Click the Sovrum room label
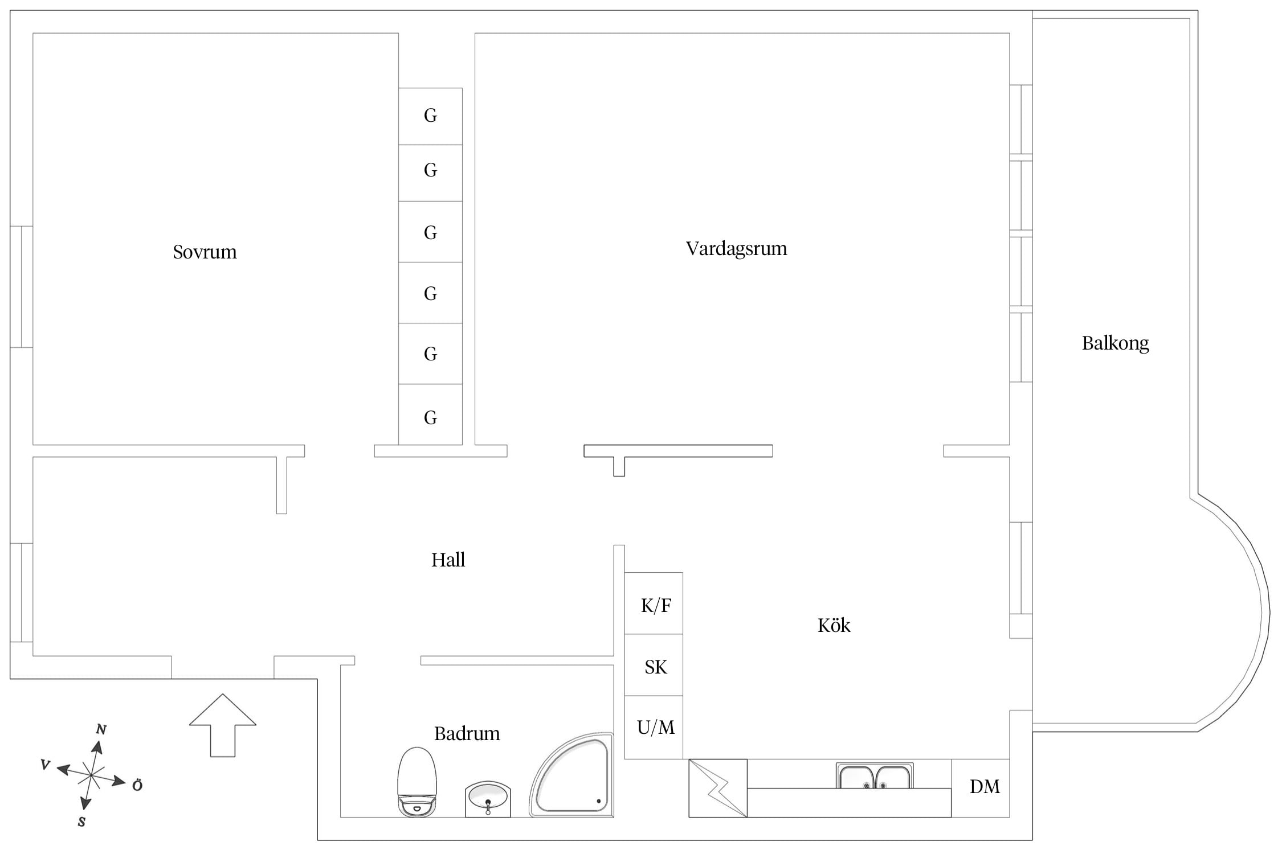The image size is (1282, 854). (x=205, y=252)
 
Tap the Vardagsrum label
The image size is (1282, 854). (x=736, y=249)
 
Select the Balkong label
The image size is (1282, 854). (x=1115, y=343)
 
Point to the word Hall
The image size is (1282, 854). (x=448, y=560)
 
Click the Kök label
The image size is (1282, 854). (x=834, y=626)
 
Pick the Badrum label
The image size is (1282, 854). (x=467, y=733)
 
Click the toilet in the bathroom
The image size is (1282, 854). (x=417, y=782)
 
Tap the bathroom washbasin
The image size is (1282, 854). (x=488, y=799)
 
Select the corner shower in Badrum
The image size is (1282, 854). (x=571, y=775)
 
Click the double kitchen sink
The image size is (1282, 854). (x=875, y=776)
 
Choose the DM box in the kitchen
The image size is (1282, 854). (x=981, y=788)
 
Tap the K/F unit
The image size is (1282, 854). (x=654, y=603)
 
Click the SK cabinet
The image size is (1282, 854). (x=654, y=665)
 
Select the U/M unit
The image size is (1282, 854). (x=654, y=727)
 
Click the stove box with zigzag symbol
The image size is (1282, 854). (x=718, y=788)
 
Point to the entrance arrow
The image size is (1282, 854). (x=223, y=725)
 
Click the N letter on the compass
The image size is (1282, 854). (x=101, y=729)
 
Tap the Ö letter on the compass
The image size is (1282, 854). (x=137, y=786)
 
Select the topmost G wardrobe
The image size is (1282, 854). (x=430, y=116)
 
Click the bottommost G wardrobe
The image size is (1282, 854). (x=430, y=415)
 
